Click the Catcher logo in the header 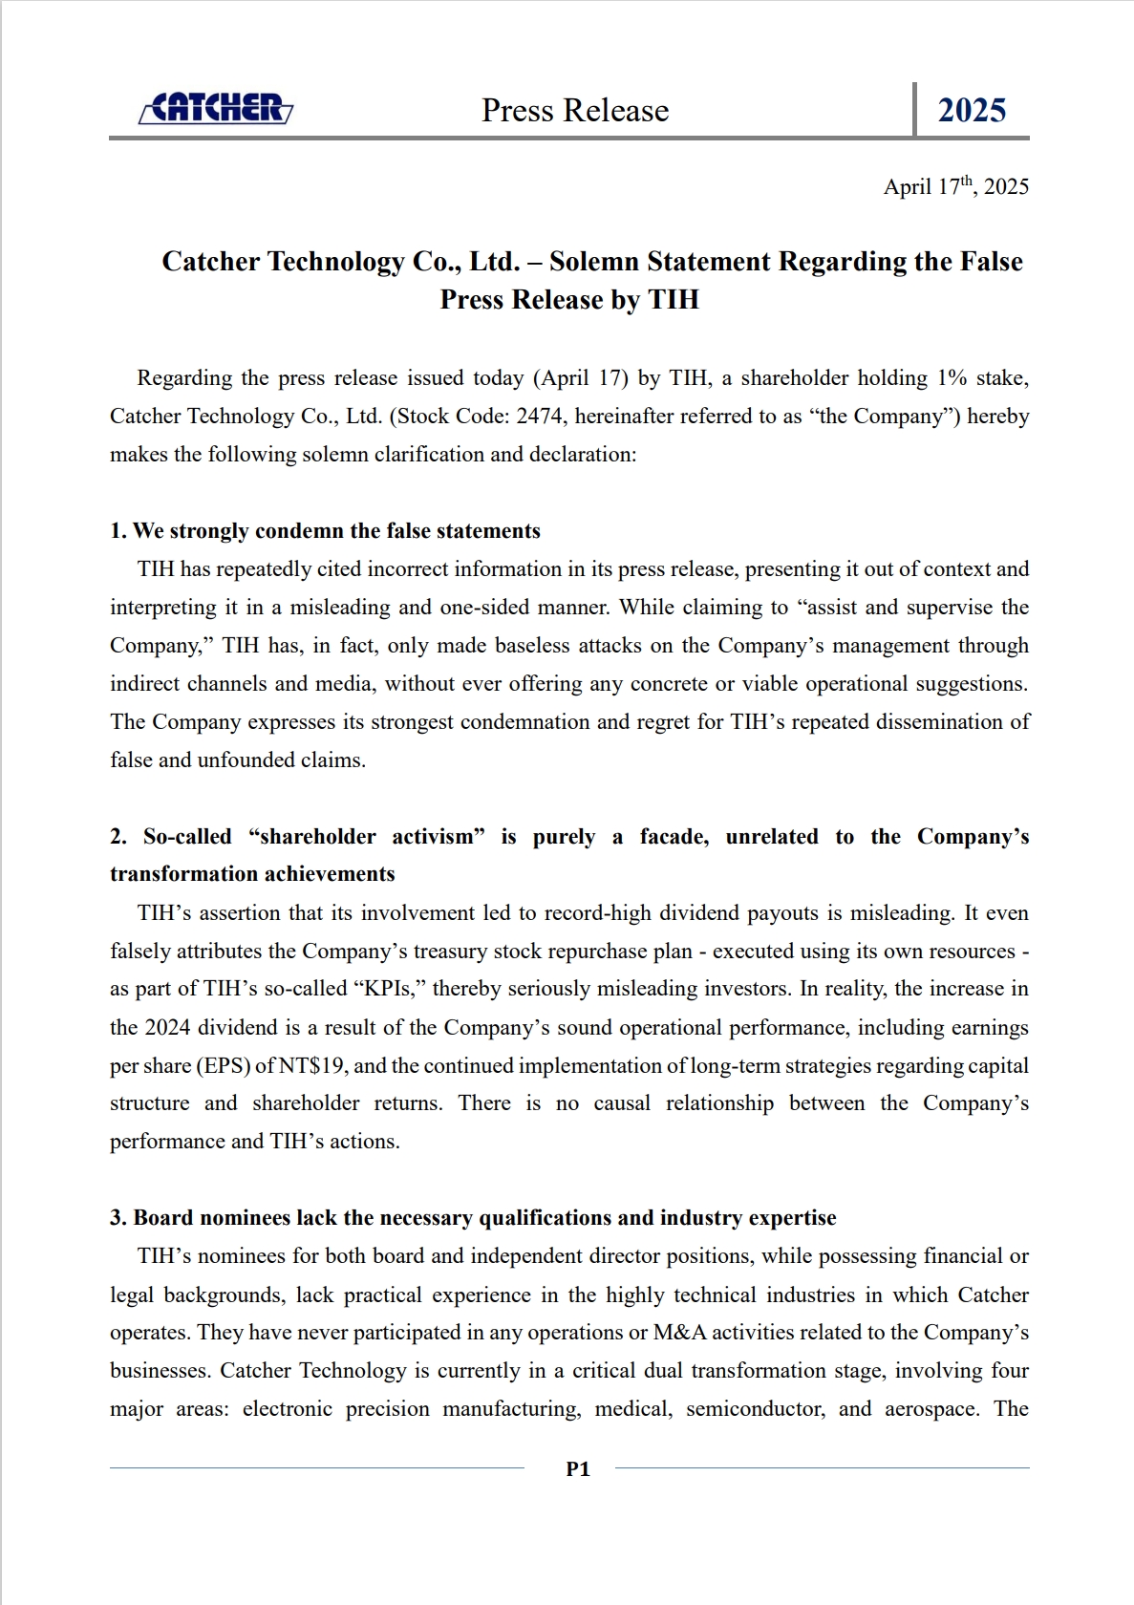(216, 109)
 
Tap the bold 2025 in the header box (972, 111)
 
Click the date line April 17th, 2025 (955, 186)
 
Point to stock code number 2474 (539, 417)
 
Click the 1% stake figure (952, 378)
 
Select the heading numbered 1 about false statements (325, 531)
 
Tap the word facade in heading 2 (674, 837)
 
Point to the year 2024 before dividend (168, 1028)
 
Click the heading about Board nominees (473, 1218)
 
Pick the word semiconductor (755, 1409)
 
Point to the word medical (633, 1409)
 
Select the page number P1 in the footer (578, 1469)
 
